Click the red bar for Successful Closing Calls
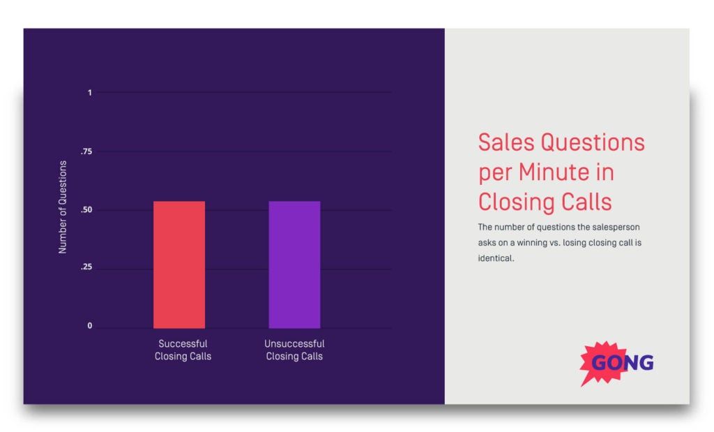tap(179, 265)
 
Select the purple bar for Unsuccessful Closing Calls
tap(294, 265)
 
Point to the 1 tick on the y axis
tap(89, 93)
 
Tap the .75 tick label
tap(86, 151)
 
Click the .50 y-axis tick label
tap(86, 210)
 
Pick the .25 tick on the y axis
tap(86, 268)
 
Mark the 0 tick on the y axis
tap(89, 326)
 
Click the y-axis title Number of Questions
tap(63, 207)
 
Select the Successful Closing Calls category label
tap(183, 350)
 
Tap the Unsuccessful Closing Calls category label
tap(294, 350)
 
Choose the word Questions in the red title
tap(593, 142)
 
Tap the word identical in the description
tap(494, 258)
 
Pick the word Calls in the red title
tap(587, 202)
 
